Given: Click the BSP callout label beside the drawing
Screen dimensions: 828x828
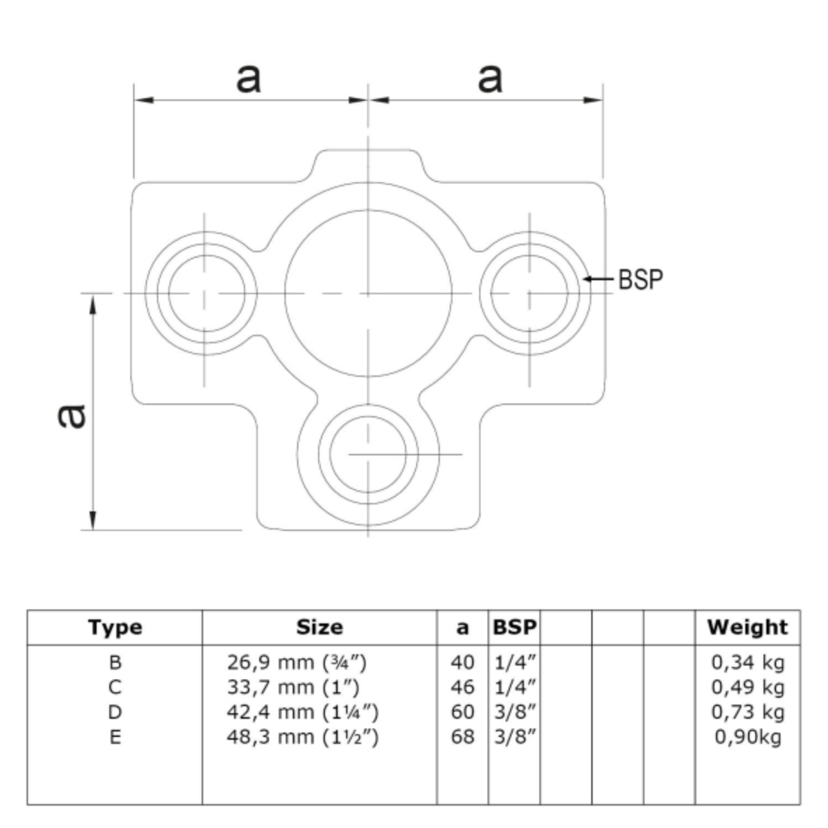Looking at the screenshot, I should (640, 279).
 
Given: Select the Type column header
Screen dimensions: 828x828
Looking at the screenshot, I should (115, 627).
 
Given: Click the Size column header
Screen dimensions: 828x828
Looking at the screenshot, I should (319, 627).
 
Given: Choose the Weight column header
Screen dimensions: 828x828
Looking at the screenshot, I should (747, 627).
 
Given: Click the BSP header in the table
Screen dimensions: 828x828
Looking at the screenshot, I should (514, 627).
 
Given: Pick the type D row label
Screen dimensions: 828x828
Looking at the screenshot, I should (115, 712).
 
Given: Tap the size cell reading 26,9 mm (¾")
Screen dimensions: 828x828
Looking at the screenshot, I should (297, 662).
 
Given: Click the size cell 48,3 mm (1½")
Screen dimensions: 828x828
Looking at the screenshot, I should (303, 737).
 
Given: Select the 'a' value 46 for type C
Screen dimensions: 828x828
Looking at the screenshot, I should (462, 687).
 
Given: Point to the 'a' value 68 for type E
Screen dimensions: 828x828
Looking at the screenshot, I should (462, 737).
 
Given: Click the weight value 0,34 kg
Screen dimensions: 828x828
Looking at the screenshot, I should (747, 662).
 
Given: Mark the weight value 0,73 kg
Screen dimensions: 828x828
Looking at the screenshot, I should (747, 712).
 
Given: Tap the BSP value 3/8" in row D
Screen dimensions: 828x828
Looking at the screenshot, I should (514, 712).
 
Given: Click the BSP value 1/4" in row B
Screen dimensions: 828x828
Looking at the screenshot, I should (514, 662).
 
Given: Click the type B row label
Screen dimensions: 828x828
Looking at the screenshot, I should (115, 662).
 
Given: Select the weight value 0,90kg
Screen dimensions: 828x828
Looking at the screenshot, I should (747, 737).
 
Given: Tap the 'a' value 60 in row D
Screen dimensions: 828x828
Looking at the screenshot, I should (462, 712).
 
